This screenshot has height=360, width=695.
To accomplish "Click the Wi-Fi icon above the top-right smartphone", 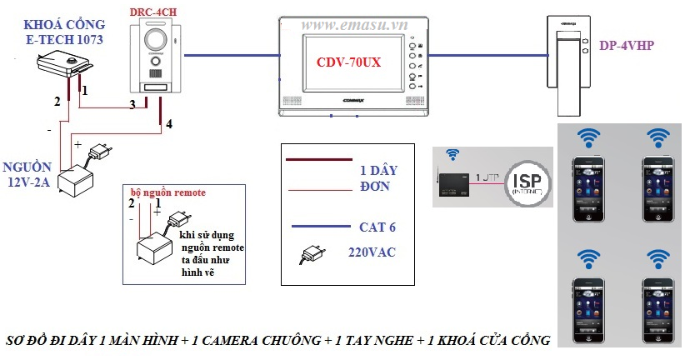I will click(x=658, y=137).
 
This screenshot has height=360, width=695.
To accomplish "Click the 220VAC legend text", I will click(x=373, y=252).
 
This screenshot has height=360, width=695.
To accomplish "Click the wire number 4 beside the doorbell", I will click(x=169, y=124).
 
